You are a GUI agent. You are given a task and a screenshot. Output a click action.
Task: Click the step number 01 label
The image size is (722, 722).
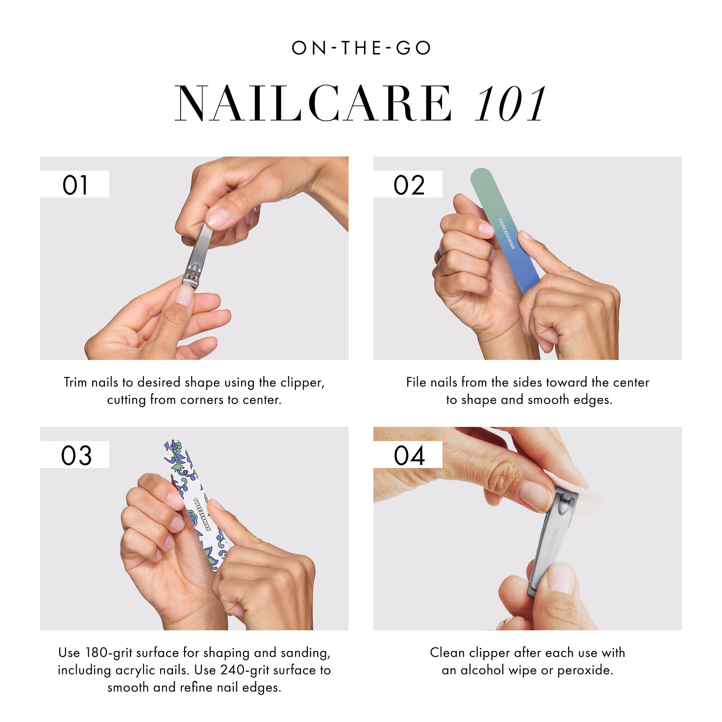(75, 185)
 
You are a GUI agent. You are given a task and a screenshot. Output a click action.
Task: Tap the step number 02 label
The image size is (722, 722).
(409, 185)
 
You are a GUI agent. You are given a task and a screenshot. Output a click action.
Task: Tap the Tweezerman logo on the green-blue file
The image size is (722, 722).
(507, 234)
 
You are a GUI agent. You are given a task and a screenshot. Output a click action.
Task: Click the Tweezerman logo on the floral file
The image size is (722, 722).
(202, 514)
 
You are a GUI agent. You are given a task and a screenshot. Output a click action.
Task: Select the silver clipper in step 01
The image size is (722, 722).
(197, 258)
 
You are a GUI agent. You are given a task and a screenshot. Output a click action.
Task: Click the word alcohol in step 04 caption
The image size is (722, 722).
(482, 670)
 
